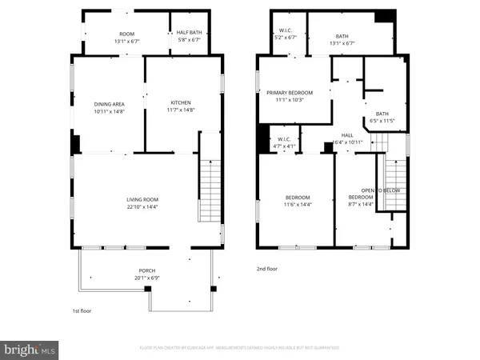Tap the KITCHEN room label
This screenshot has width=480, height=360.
coord(181,102)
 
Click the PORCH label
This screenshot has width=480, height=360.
coord(146,270)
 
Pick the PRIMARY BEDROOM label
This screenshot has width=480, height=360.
coord(290,93)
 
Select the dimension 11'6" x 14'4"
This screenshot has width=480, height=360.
coord(298,205)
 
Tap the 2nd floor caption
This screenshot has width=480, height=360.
coord(267,270)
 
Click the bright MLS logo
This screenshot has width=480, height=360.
coord(30,349)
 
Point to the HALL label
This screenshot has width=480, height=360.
coord(347,135)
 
